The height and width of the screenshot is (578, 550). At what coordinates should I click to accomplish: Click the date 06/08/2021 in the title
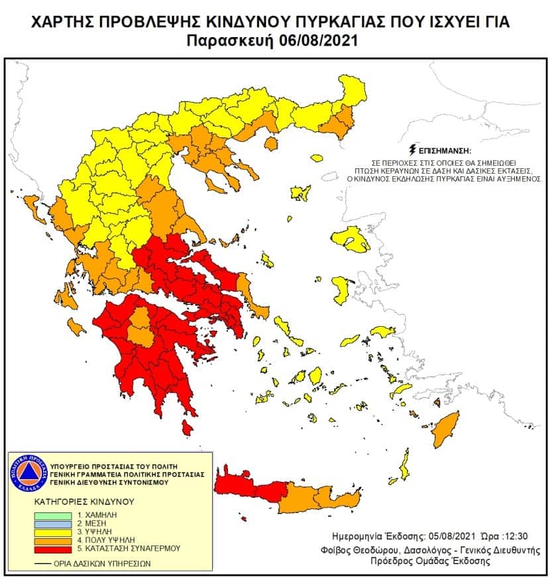coord(316,40)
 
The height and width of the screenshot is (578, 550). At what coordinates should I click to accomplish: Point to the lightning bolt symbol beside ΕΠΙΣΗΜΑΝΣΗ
coord(414,149)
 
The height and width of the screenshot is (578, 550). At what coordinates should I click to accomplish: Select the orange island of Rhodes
coord(447,430)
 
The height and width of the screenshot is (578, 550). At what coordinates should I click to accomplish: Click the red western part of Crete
coord(252,489)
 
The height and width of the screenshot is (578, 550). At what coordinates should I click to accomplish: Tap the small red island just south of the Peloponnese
coord(188,430)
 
